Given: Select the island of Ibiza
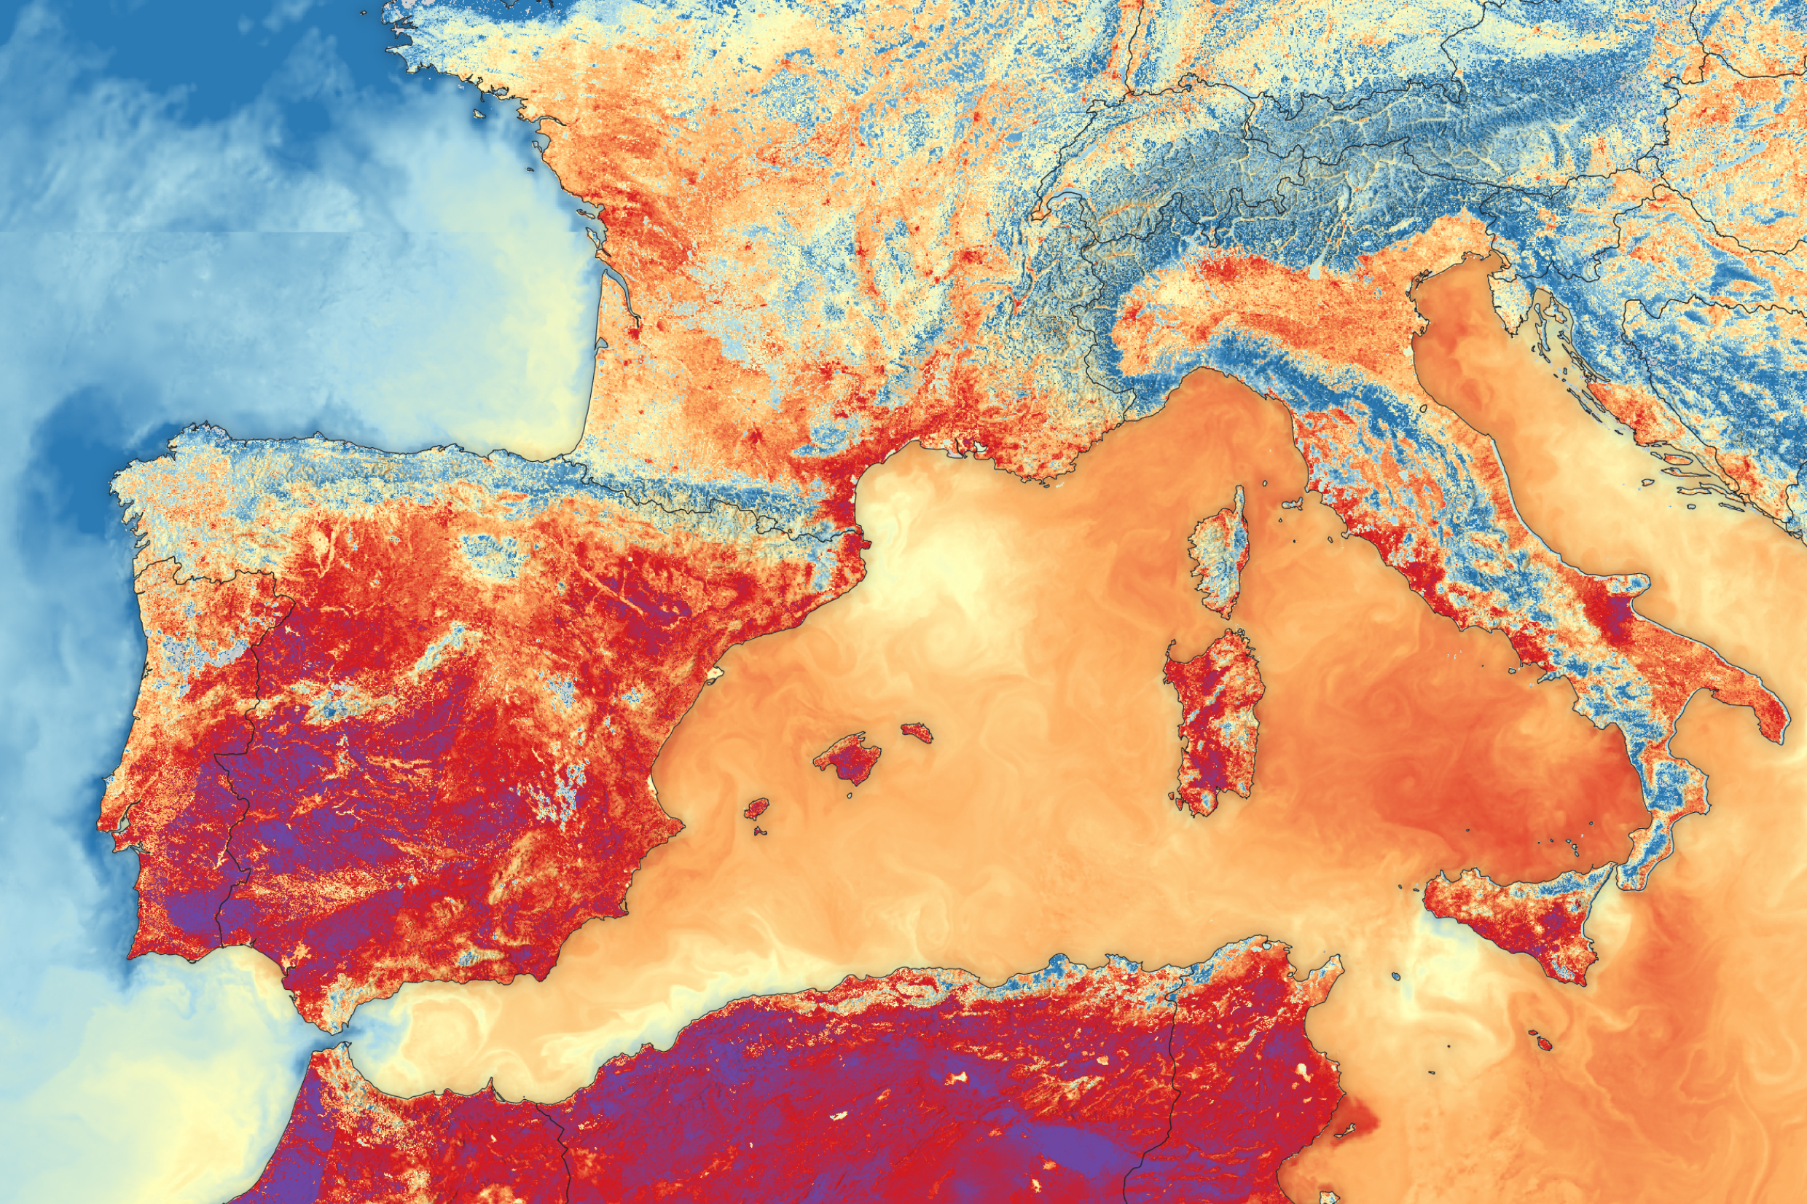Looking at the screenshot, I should tap(756, 808).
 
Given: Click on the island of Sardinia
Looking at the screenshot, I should tap(1213, 718).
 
